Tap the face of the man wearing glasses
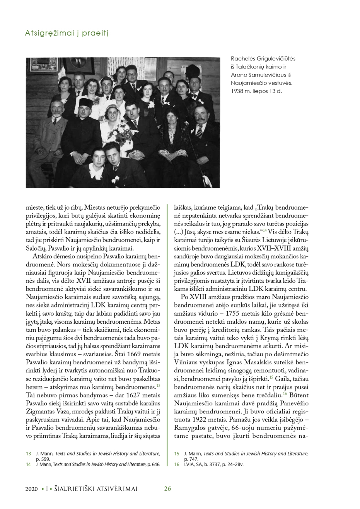click(x=130, y=72)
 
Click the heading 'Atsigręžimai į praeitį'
click(x=67, y=33)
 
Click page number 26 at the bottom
click(x=167, y=489)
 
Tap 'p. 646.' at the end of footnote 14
click(x=152, y=464)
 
